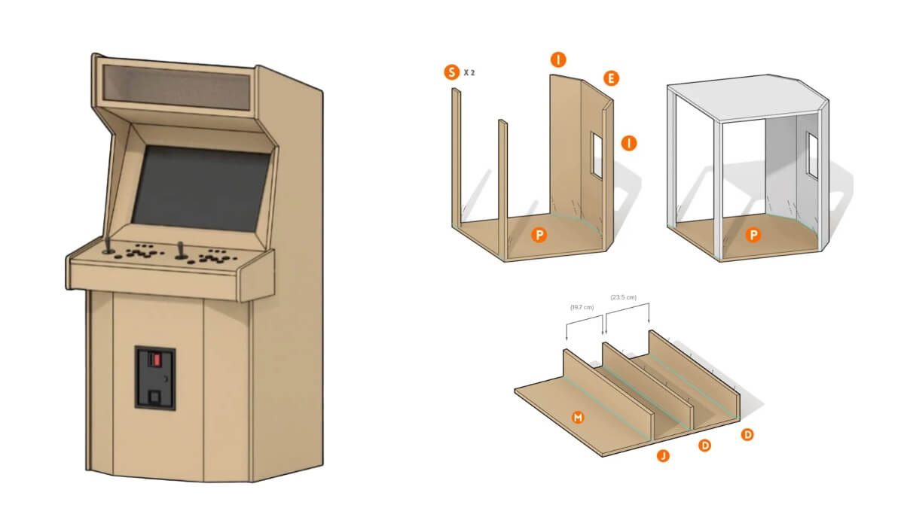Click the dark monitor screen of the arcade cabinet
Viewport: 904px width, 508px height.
[x=200, y=189]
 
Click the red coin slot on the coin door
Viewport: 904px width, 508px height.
[x=157, y=359]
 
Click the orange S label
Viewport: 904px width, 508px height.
[x=451, y=72]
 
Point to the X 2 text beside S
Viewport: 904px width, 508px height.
[x=469, y=73]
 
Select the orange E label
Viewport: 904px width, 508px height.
[x=611, y=78]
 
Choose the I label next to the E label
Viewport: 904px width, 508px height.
[x=558, y=59]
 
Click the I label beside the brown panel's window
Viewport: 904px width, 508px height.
[x=629, y=141]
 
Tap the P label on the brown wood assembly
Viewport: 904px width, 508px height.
[x=539, y=236]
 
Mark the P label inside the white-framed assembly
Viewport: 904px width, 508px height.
[x=753, y=236]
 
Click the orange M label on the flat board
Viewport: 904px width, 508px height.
[x=578, y=416]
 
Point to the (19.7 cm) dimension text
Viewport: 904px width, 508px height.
[x=582, y=307]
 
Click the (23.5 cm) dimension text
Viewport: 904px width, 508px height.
[x=624, y=297]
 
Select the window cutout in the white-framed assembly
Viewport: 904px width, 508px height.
[x=811, y=155]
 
